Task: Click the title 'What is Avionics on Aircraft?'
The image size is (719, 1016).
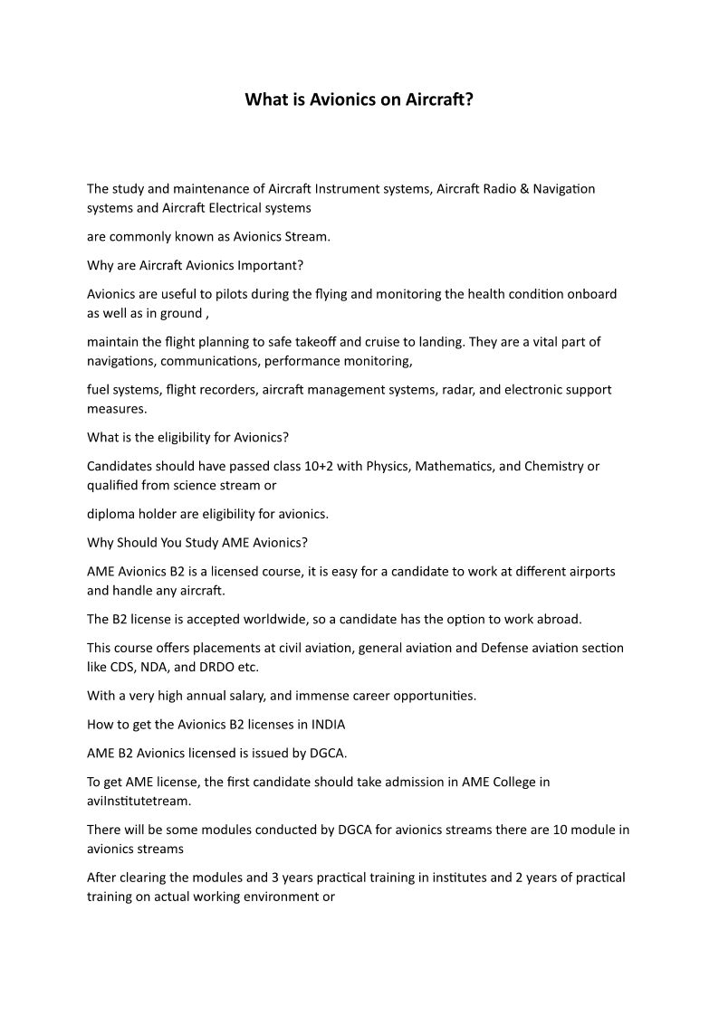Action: (359, 100)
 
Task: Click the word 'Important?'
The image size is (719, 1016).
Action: (270, 266)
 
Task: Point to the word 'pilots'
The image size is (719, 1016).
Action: (235, 294)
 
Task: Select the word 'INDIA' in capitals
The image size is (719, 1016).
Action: (327, 725)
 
